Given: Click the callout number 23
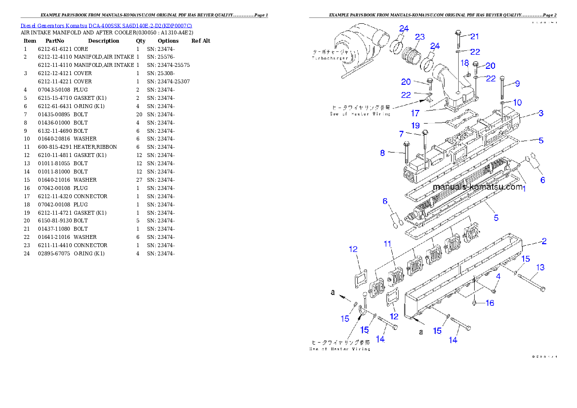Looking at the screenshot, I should (420, 37).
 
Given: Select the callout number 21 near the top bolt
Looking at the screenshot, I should (475, 36).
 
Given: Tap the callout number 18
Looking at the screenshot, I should (465, 63).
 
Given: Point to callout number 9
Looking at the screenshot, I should (517, 84).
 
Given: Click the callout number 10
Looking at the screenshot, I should (518, 102).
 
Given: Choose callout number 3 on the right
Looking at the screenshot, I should (541, 113).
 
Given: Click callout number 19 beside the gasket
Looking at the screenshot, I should (401, 134).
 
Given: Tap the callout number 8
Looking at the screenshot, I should (383, 153).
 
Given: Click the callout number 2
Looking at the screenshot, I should (544, 241).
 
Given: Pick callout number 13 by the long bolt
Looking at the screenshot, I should (540, 267).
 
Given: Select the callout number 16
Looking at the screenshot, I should (490, 303).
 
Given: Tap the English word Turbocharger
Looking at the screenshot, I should (330, 58).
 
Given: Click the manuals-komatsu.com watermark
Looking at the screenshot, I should (478, 187).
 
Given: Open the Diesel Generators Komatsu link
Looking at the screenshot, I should (106, 26).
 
